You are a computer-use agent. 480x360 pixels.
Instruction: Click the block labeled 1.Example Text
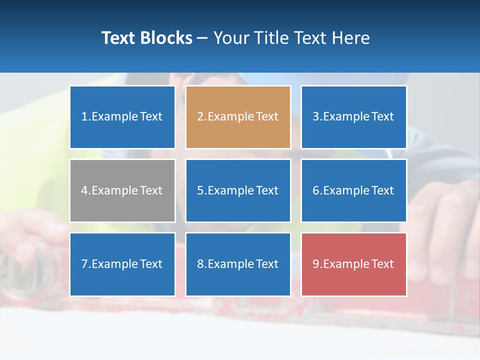point(122,117)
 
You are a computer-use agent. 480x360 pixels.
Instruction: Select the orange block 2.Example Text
point(238,117)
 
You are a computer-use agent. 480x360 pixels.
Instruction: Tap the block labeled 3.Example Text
point(353,117)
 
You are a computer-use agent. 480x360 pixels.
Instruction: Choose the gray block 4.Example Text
point(122,190)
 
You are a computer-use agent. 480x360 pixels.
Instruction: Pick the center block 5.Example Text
point(238,190)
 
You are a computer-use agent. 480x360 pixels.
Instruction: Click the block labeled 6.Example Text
point(353,190)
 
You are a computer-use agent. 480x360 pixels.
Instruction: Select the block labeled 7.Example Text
point(122,264)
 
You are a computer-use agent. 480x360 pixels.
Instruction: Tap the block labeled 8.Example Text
point(238,264)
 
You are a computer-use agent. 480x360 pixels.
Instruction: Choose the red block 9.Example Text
point(353,264)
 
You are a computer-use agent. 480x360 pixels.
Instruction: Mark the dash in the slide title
point(202,38)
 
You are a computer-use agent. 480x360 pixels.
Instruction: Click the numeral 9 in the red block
point(316,264)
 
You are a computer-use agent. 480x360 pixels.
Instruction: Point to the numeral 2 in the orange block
point(200,117)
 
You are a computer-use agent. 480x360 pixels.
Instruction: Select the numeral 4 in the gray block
point(84,190)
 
